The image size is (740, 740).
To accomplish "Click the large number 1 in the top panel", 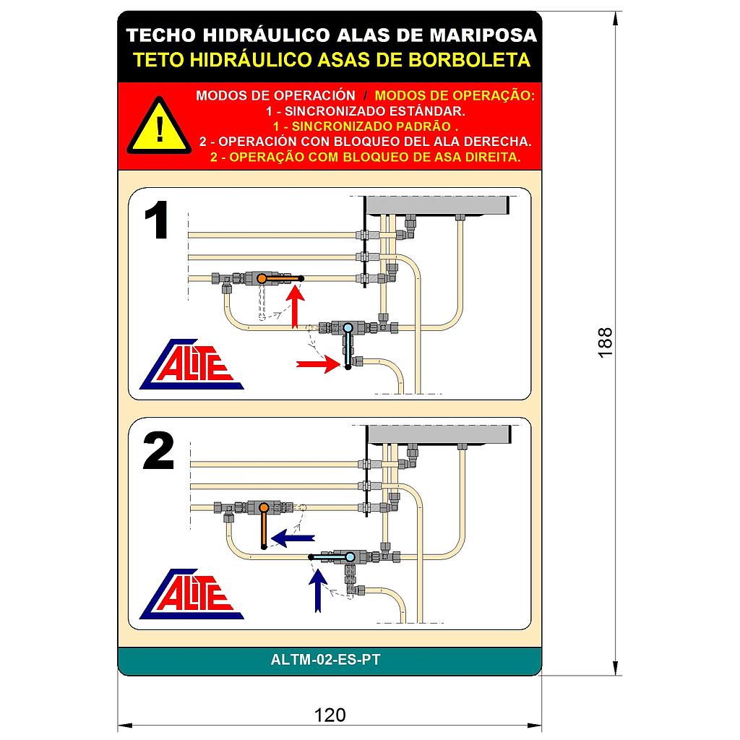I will tap(157, 221).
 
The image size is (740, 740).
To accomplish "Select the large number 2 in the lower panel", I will tap(159, 452).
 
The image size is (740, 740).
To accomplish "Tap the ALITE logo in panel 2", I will tap(192, 593).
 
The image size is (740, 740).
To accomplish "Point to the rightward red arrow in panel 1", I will tap(317, 364).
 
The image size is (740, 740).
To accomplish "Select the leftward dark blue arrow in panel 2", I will tap(293, 537).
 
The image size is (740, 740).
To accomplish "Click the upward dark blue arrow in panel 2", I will tap(317, 588).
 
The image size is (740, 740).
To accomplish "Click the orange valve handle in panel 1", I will tap(281, 278).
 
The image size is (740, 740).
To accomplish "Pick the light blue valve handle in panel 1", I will tap(348, 347).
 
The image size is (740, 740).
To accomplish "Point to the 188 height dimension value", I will tap(606, 342).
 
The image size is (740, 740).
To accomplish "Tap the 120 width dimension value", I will tap(330, 715).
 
